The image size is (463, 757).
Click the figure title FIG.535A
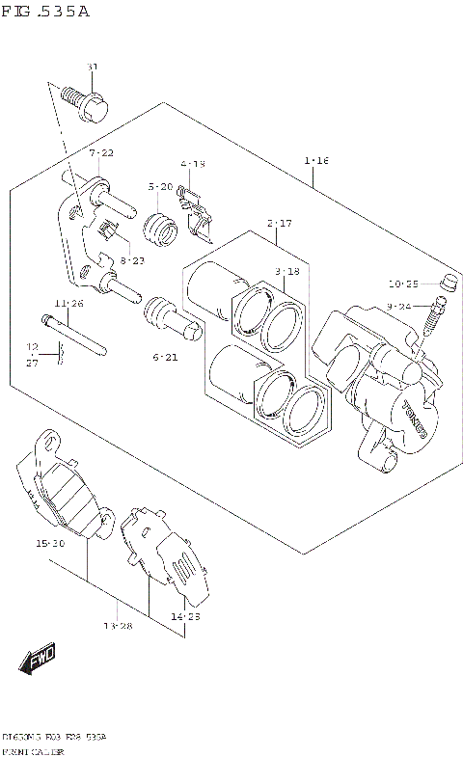[x=45, y=12]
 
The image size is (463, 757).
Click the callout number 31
[x=93, y=68]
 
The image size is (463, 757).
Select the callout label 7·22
[x=101, y=153]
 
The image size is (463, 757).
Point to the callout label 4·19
[x=192, y=165]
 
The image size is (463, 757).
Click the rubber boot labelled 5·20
[x=160, y=229]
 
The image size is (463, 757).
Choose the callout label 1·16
[x=316, y=160]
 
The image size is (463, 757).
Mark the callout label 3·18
[x=288, y=273]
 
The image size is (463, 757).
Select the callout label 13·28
[x=118, y=626]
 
